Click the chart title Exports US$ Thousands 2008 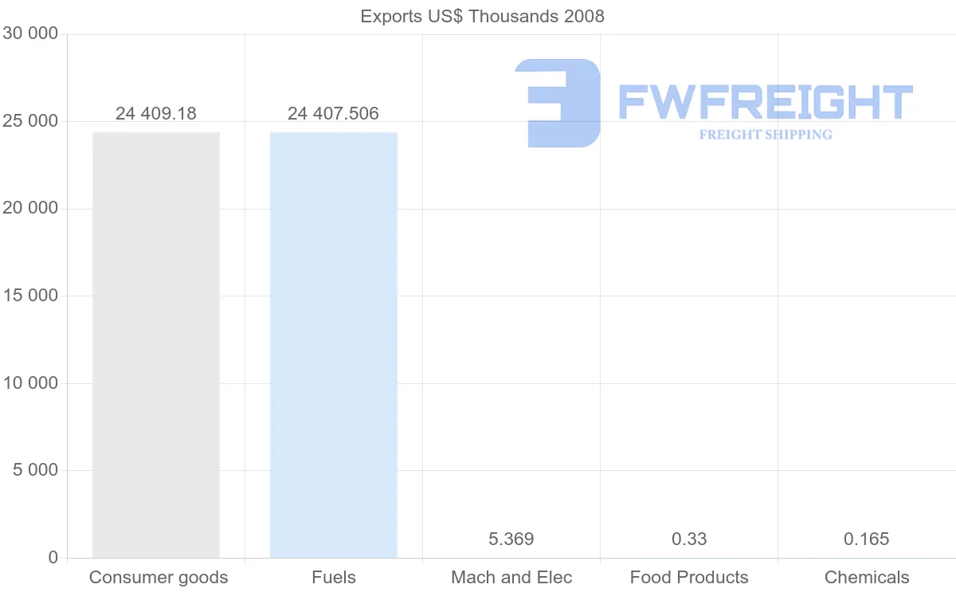(482, 16)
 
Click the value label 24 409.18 (156, 113)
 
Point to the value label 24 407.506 (334, 113)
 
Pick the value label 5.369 (511, 539)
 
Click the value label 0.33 (689, 539)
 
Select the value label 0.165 (867, 539)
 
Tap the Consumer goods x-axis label (159, 578)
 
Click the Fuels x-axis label (334, 578)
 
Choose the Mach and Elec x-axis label (511, 578)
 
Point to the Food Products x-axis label (689, 578)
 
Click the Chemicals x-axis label (867, 578)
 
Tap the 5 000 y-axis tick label (36, 471)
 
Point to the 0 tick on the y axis (53, 558)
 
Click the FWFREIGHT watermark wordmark (765, 102)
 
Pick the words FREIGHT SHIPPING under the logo (766, 135)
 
